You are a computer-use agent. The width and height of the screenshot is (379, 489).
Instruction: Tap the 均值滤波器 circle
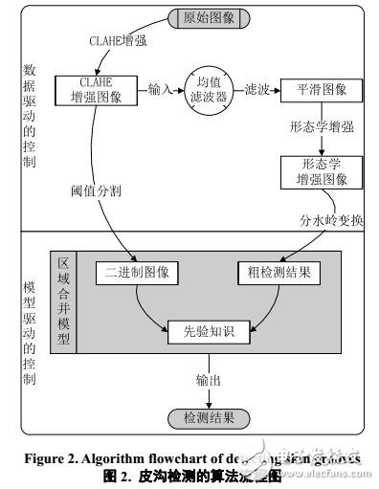[x=211, y=92]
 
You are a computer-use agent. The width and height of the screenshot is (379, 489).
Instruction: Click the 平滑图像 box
[x=323, y=92]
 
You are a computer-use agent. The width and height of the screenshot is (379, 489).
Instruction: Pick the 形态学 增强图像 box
[x=323, y=171]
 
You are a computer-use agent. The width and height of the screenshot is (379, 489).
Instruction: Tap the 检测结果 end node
[x=208, y=418]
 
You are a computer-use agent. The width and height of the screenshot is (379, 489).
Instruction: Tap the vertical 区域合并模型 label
[x=65, y=301]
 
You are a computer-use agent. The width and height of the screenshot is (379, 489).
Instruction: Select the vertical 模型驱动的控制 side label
[x=30, y=330]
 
